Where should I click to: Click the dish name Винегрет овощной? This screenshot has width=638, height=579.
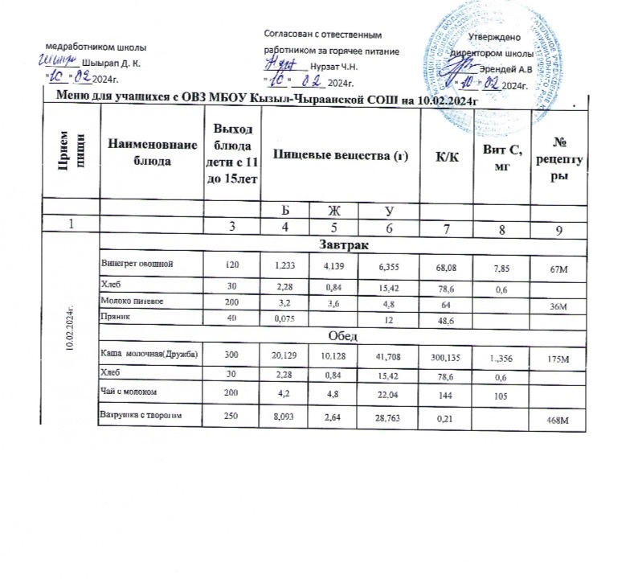coord(136,263)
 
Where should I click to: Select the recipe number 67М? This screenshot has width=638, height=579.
coord(557,267)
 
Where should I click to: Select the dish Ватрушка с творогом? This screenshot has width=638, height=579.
coord(137,416)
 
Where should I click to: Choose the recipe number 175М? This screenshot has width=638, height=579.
coord(556,359)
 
